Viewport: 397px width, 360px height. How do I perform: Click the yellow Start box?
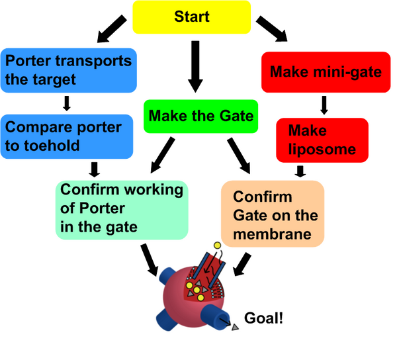coord(191,17)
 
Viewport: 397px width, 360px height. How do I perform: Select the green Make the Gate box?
coord(200,116)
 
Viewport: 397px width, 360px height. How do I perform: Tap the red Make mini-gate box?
coord(326,71)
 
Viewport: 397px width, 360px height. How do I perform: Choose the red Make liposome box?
coord(322,140)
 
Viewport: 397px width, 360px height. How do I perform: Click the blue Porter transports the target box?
coord(69,70)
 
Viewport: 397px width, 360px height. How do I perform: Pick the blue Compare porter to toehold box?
coord(67,136)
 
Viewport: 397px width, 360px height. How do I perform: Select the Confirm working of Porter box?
coord(121,208)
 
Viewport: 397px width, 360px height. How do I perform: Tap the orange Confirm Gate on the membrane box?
coord(273,215)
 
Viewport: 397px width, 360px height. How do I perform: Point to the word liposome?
coord(322,150)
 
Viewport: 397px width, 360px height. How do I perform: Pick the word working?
coord(150,190)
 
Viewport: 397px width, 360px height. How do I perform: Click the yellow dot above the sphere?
coord(217,246)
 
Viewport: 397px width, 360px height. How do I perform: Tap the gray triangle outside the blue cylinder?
coord(234,328)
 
